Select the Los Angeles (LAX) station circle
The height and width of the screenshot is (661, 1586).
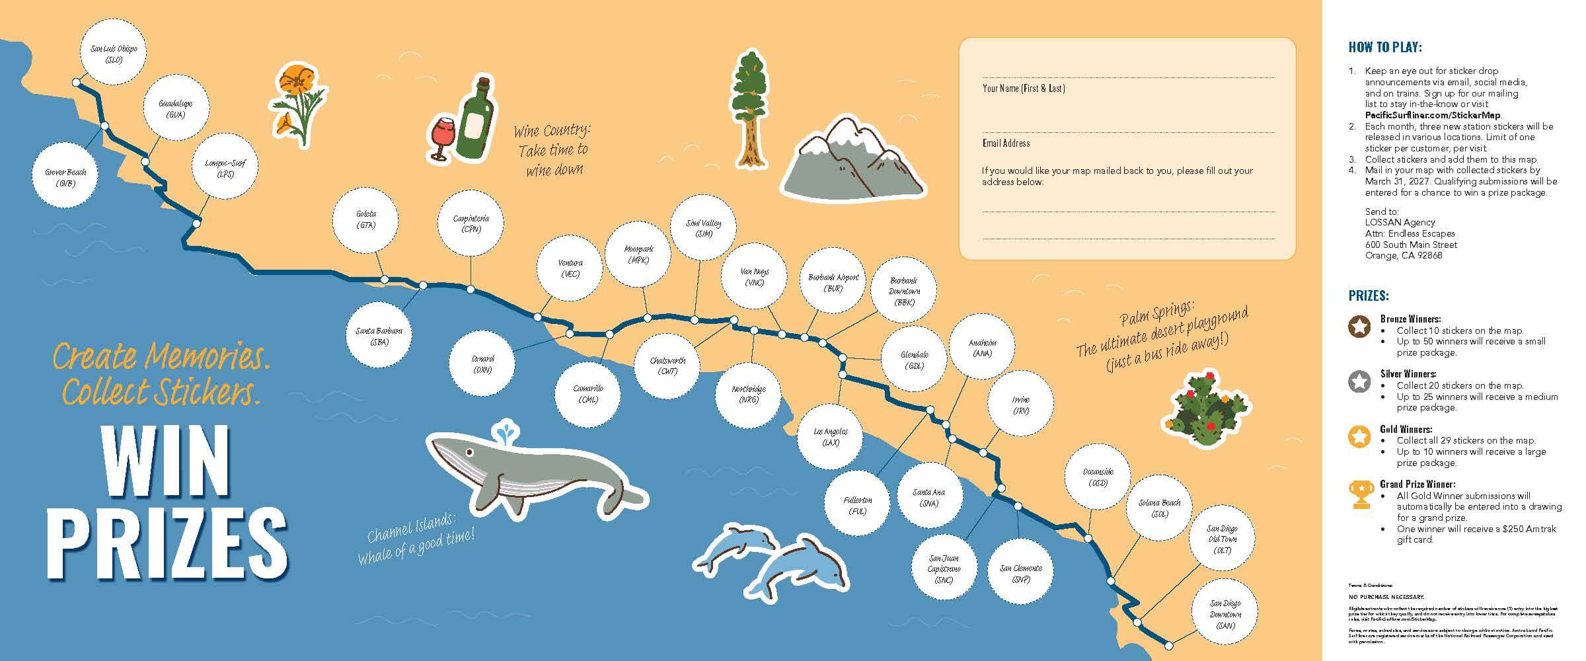(x=831, y=437)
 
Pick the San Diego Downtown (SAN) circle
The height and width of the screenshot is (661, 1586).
(x=1225, y=613)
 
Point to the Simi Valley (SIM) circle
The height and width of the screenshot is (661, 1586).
(x=704, y=228)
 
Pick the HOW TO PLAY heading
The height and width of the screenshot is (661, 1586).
(x=1384, y=48)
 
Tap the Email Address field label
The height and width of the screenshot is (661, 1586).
(x=1006, y=143)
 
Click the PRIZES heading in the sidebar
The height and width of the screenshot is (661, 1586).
(x=1369, y=295)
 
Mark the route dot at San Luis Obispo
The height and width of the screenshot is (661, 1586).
(x=76, y=83)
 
